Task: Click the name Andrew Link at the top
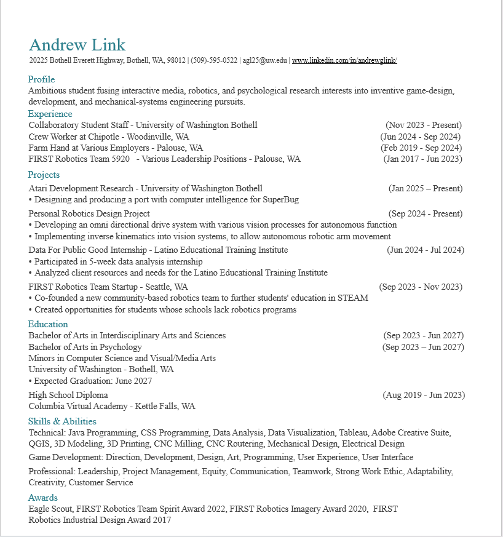click(x=77, y=45)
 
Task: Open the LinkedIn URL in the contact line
click(x=344, y=60)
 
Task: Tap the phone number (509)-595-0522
click(x=214, y=60)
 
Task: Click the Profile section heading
click(x=41, y=79)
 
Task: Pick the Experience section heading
click(x=50, y=114)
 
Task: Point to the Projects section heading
click(x=44, y=175)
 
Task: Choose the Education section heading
click(x=48, y=324)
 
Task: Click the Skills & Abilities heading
click(x=62, y=421)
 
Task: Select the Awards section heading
click(x=43, y=498)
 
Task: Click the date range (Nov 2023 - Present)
click(x=424, y=125)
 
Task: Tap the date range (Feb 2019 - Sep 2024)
click(x=421, y=148)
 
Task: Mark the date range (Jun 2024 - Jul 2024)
click(x=426, y=250)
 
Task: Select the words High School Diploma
click(x=68, y=395)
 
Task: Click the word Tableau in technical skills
click(x=352, y=432)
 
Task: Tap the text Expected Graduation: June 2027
click(x=93, y=381)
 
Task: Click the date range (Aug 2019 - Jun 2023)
click(x=424, y=395)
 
